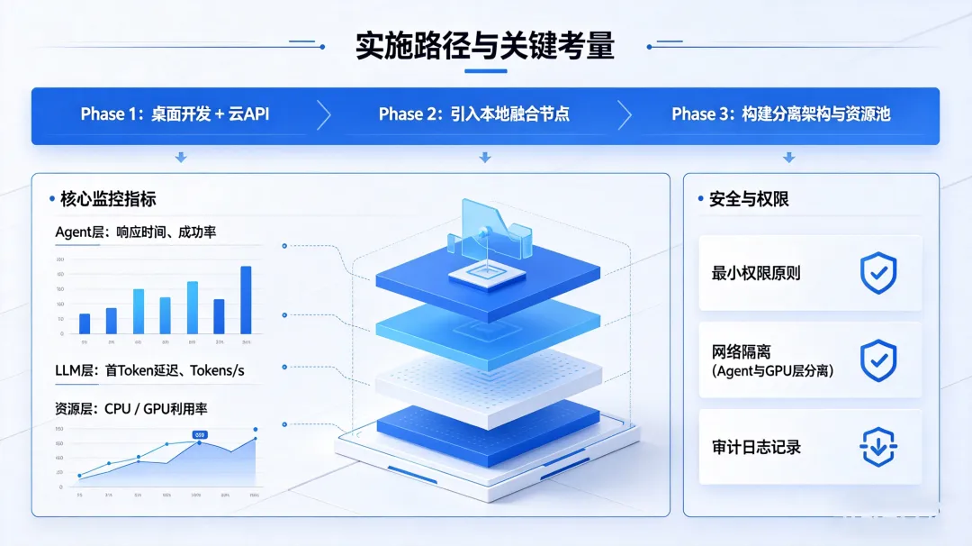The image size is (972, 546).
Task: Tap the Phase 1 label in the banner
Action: tap(175, 114)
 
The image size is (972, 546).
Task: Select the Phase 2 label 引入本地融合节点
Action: tap(473, 114)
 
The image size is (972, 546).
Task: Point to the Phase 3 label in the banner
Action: tap(780, 114)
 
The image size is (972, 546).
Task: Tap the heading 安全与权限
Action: tap(749, 198)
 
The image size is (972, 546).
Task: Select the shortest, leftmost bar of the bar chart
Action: tap(85, 323)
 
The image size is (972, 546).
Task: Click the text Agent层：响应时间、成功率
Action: tap(135, 232)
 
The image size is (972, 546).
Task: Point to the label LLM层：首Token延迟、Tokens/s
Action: tap(149, 370)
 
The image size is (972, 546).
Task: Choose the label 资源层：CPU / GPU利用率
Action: tap(130, 409)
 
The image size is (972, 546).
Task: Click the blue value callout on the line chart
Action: tap(200, 435)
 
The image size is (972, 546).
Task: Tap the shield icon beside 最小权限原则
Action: tap(878, 273)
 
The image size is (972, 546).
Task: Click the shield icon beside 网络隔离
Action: tap(878, 360)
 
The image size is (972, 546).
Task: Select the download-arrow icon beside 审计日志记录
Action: tap(878, 447)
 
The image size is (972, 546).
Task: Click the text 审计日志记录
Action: tap(756, 447)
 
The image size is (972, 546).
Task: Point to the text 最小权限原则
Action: tap(756, 273)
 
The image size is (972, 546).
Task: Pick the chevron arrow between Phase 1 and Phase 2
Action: tap(324, 114)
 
